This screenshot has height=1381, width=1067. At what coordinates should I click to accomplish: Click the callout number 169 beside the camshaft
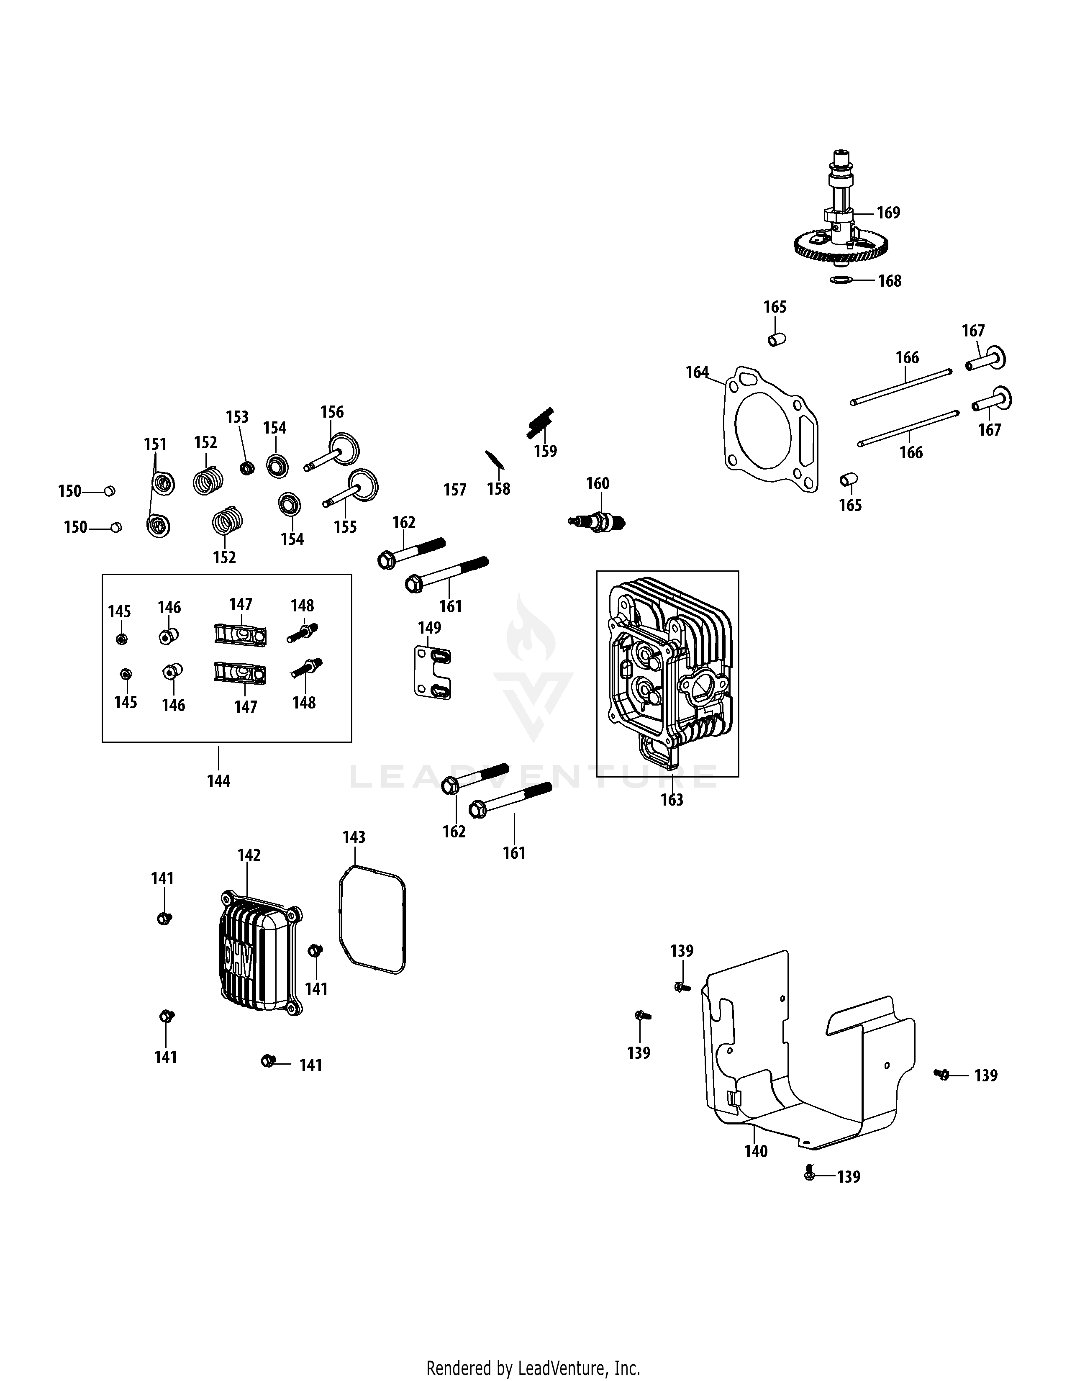[x=888, y=213]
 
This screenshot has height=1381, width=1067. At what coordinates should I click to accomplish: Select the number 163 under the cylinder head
[x=672, y=800]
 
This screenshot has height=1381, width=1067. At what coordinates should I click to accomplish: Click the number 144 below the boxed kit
[x=219, y=781]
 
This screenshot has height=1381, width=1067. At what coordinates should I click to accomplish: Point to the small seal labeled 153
[x=246, y=468]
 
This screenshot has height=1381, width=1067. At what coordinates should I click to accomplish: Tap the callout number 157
[x=454, y=490]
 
